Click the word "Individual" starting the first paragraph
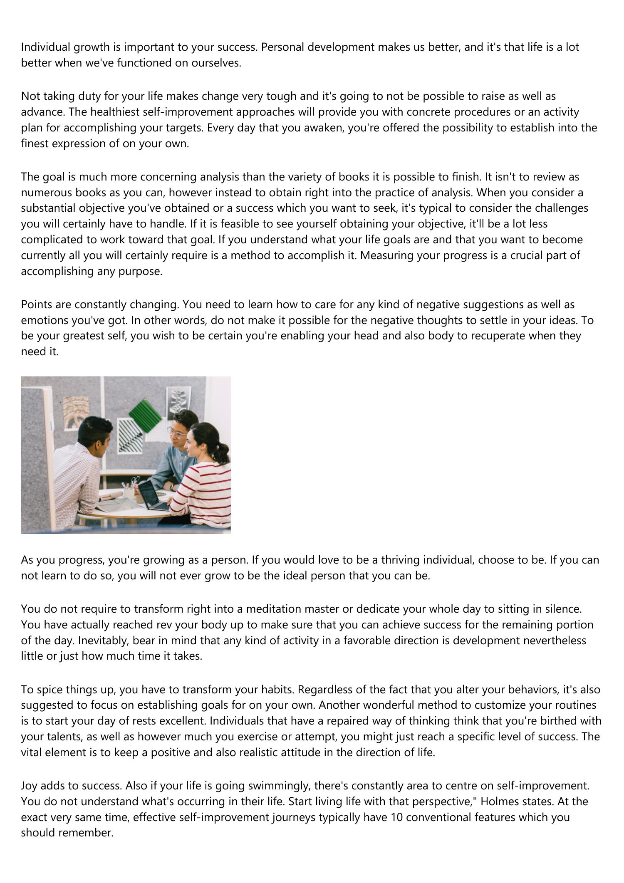pyautogui.click(x=46, y=47)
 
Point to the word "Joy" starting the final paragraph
pyautogui.click(x=29, y=786)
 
